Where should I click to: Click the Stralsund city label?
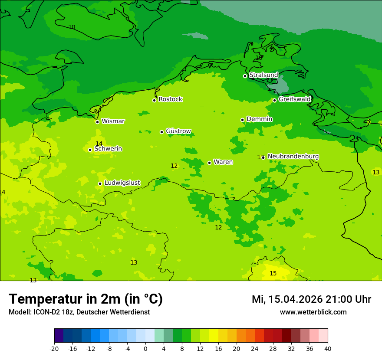[263, 75]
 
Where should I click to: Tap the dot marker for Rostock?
[154, 100]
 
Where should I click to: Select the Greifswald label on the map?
[294, 99]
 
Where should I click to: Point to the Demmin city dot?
[242, 120]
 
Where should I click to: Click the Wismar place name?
[113, 121]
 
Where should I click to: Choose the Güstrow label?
[178, 131]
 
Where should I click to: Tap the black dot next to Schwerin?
[90, 150]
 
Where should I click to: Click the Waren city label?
[223, 162]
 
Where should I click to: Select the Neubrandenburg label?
[293, 156]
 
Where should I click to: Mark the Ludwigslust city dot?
[100, 183]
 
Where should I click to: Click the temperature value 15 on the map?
[273, 273]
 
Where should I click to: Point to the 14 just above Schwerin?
[99, 144]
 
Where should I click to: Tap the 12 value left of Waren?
[174, 166]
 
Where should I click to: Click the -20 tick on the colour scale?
[54, 348]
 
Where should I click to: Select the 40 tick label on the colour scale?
[327, 348]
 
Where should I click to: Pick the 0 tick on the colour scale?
[145, 348]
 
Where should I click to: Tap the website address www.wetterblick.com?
[313, 312]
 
